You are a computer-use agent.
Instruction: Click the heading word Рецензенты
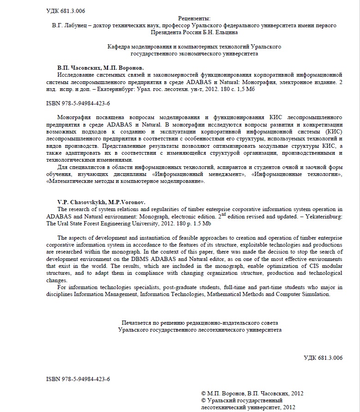[180, 18]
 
